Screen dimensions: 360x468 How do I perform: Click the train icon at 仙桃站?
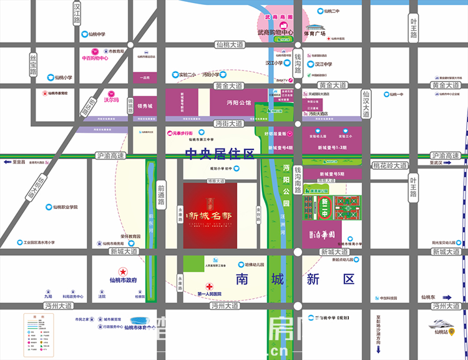point(442,324)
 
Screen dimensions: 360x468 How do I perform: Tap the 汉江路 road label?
point(77,12)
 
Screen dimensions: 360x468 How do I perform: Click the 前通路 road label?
point(160,190)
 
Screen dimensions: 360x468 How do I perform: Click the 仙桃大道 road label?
point(229,44)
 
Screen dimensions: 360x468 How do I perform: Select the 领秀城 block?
point(145,106)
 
